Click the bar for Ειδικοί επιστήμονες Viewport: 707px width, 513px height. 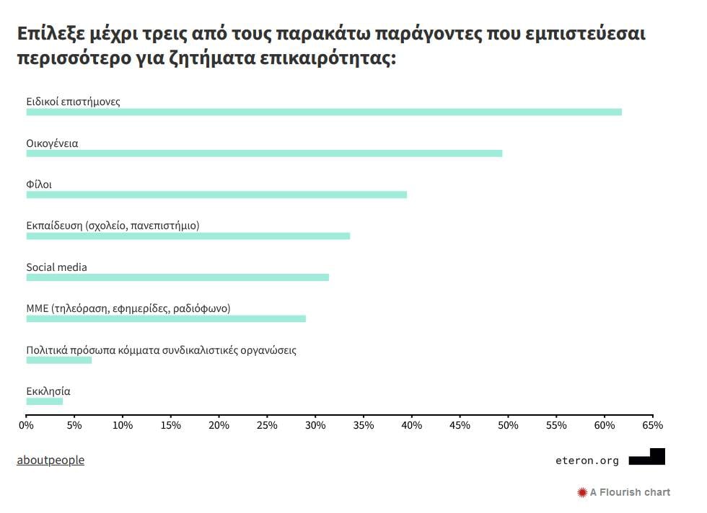[x=324, y=112]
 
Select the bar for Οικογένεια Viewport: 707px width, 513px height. [x=264, y=153]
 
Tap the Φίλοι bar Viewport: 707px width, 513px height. [x=216, y=195]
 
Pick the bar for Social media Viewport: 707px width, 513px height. [x=177, y=277]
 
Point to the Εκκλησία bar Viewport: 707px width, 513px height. [x=45, y=401]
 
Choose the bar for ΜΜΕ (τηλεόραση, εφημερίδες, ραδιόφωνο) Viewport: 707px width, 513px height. [x=166, y=318]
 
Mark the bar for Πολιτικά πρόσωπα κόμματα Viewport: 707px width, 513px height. [x=59, y=360]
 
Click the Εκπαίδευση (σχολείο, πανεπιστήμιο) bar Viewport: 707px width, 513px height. [x=188, y=236]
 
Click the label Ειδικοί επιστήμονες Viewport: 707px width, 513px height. [x=74, y=102]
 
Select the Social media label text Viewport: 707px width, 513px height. [x=57, y=267]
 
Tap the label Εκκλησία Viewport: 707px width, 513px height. [x=48, y=391]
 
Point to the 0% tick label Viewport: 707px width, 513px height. [x=26, y=426]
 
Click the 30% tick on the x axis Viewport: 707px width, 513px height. [x=315, y=426]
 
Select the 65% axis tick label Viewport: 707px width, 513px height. [x=652, y=426]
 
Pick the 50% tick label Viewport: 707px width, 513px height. [x=508, y=426]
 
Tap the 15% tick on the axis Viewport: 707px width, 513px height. [x=170, y=426]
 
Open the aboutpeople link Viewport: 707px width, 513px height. [x=50, y=460]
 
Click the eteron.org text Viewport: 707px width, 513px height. [x=587, y=460]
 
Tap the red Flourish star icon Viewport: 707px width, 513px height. [x=582, y=493]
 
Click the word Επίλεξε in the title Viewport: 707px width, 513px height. [x=48, y=34]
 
